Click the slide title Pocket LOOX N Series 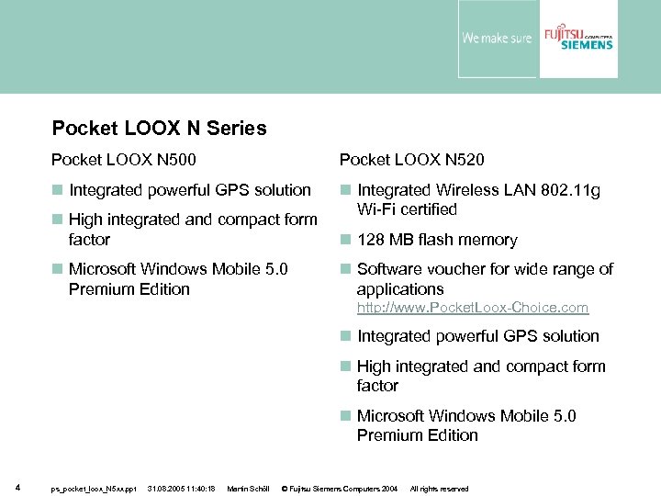(x=159, y=129)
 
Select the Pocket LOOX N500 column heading (x=123, y=160)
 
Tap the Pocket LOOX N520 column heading (x=412, y=160)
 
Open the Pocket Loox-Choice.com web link (x=472, y=308)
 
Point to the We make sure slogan (x=496, y=39)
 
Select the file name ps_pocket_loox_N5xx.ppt (x=93, y=489)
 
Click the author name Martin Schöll (x=246, y=489)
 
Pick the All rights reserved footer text (x=439, y=489)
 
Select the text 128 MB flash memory (x=437, y=240)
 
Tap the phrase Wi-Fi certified (x=407, y=209)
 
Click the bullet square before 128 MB (x=345, y=240)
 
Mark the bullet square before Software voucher (x=345, y=269)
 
